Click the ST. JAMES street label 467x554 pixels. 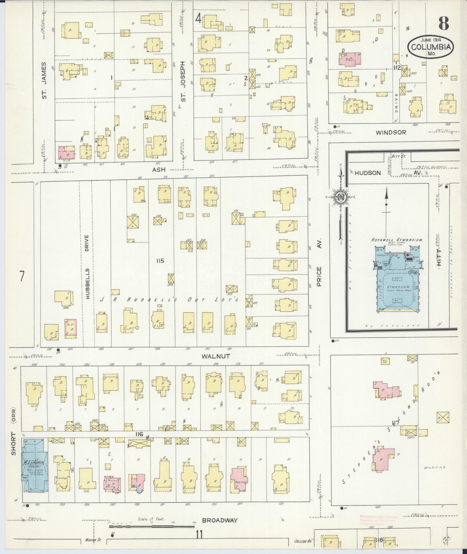44,80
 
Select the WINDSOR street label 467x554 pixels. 391,132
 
